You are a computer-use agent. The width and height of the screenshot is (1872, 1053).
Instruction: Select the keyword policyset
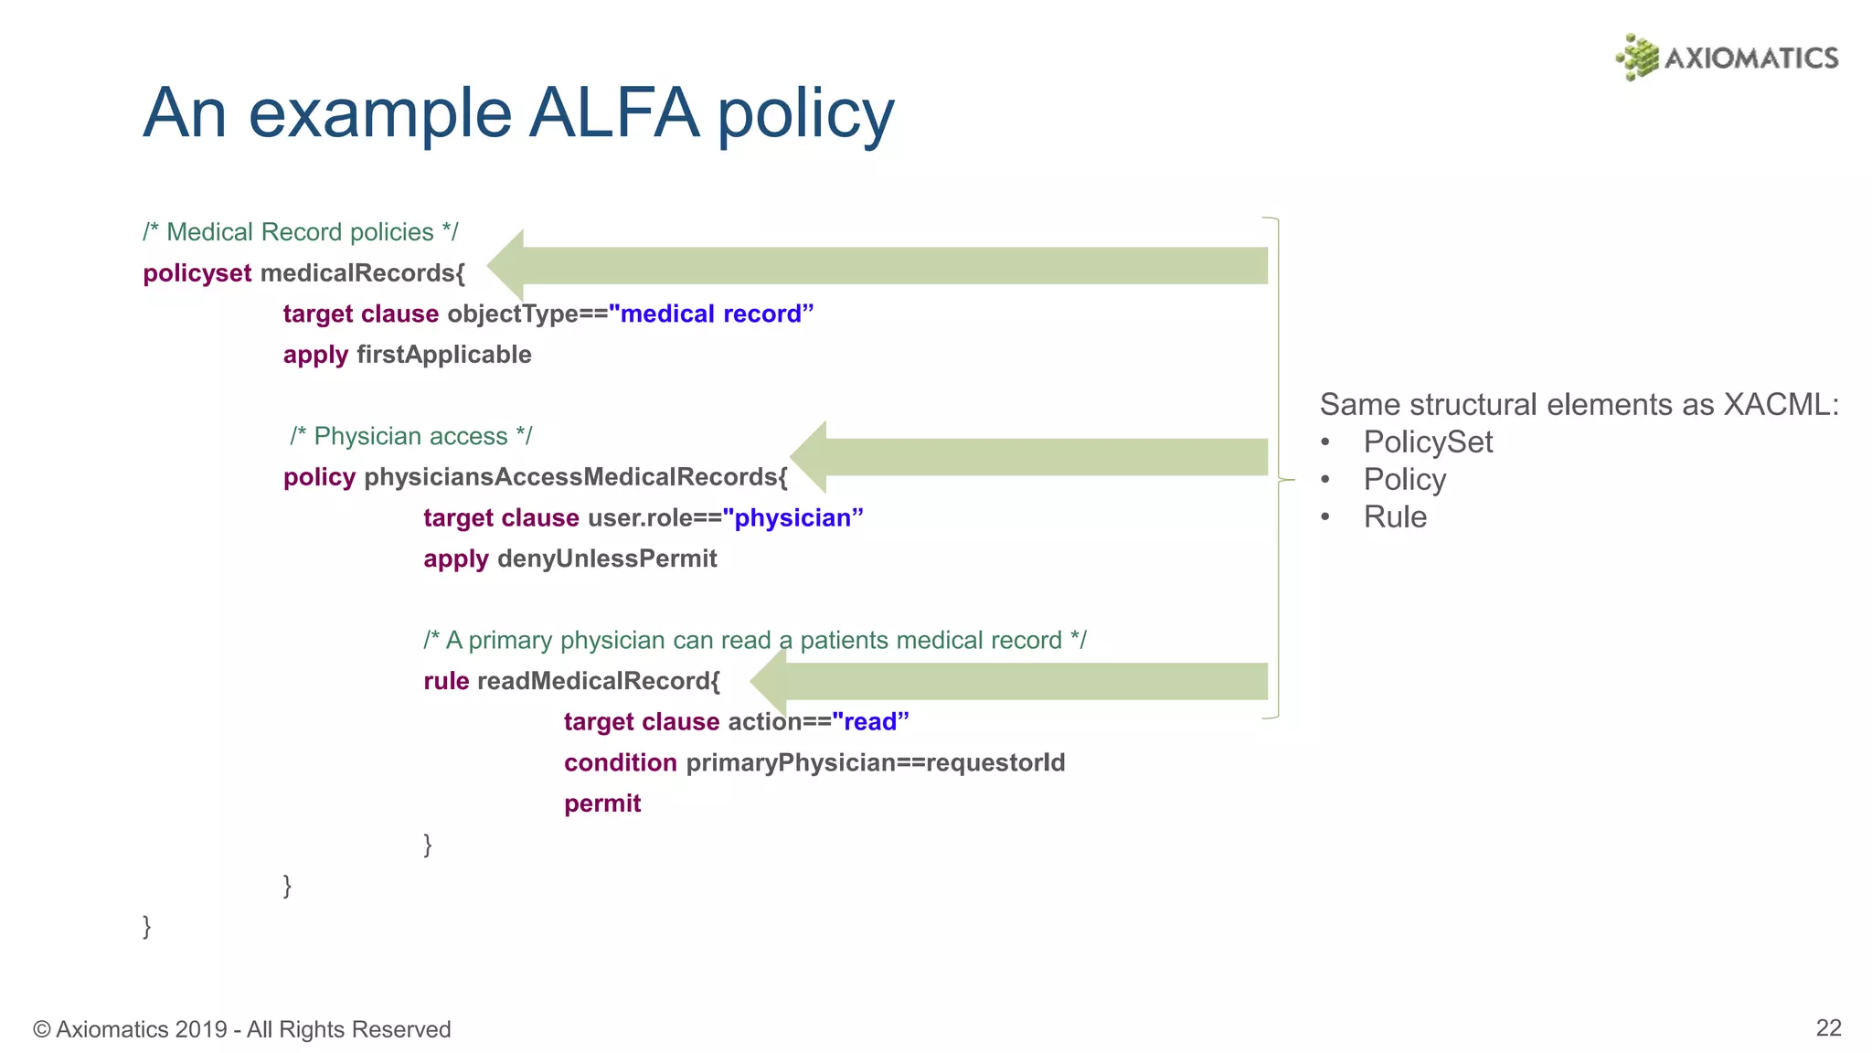197,273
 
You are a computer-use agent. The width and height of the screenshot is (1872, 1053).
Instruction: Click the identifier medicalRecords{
363,273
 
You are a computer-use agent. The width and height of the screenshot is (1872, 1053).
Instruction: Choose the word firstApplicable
444,355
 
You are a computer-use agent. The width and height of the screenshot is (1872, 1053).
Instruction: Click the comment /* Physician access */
410,436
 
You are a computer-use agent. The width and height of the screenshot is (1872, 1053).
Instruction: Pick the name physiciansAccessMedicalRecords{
576,477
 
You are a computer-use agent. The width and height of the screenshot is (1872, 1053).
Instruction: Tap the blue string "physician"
792,518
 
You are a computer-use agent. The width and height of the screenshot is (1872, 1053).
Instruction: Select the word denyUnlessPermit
607,558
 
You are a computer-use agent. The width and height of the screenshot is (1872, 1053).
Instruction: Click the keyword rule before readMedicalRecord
446,681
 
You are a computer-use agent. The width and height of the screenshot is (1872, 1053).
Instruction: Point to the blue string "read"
870,722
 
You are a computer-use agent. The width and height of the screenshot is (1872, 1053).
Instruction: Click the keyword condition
621,762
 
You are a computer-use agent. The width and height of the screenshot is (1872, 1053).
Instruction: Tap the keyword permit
602,803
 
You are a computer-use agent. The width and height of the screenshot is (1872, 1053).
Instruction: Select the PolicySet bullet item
1427,442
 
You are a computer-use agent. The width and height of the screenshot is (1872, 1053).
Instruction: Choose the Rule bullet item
1395,517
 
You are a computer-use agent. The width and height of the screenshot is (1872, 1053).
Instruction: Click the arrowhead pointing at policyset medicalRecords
508,265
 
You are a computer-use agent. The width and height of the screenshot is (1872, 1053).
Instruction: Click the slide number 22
1828,1028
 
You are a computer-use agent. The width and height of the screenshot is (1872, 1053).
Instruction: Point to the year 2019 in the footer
200,1030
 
